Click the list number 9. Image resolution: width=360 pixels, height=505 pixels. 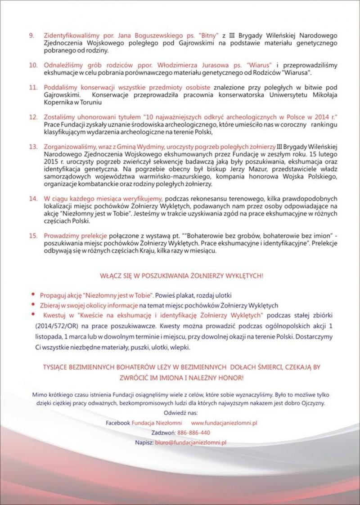(x=32, y=34)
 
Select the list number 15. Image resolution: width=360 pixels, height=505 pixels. (x=33, y=236)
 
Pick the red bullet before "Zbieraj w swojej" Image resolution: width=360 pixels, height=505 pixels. (x=34, y=304)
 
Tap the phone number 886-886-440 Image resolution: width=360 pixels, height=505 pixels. (x=194, y=433)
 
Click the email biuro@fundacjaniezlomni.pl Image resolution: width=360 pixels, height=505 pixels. (x=190, y=442)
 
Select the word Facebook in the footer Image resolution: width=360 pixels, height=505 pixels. (x=118, y=423)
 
